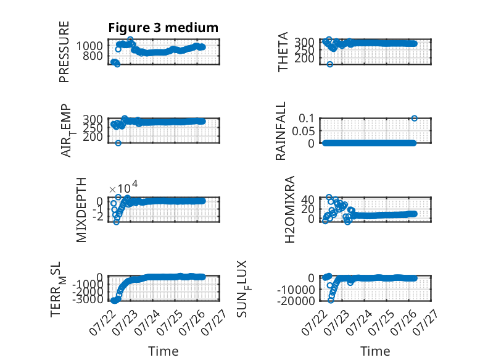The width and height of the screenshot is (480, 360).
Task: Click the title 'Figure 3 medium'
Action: point(163,28)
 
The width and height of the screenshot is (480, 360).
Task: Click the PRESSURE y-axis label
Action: point(64,51)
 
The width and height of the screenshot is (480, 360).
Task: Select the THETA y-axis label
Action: point(283,51)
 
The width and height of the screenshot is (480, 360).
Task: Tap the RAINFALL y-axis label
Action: point(280,131)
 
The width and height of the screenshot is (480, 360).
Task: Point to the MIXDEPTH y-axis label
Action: point(81,210)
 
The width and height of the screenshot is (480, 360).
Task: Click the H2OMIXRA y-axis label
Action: point(289,209)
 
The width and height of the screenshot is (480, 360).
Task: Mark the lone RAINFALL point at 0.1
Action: point(414,119)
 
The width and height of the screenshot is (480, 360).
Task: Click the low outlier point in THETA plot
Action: point(329,64)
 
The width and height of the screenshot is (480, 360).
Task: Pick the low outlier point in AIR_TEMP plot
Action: point(118,143)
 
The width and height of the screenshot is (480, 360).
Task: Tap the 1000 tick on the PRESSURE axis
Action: point(89,46)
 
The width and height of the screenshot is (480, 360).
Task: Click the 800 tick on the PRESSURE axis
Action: point(93,56)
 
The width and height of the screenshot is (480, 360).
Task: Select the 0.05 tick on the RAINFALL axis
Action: point(303,131)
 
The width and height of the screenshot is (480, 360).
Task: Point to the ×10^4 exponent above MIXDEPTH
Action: point(123,187)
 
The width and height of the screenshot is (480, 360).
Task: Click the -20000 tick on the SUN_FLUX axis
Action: point(296,301)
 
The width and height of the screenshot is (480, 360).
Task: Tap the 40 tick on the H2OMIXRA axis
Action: point(308,199)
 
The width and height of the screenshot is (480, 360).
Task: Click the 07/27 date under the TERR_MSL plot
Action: point(214,322)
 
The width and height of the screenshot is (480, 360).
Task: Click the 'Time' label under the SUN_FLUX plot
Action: point(375,351)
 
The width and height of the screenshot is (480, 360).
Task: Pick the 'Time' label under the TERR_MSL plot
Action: point(163,351)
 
